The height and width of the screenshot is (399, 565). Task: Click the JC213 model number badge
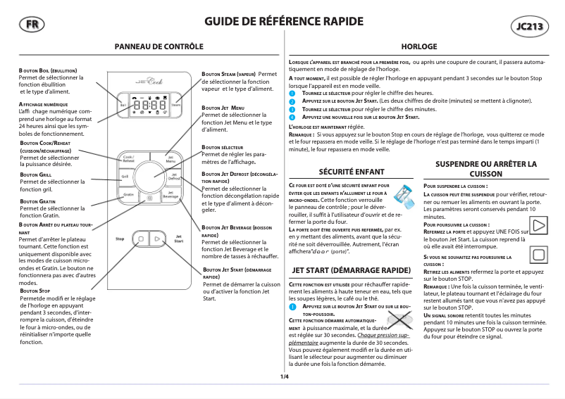[x=528, y=27]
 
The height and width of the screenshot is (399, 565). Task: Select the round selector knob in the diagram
[x=149, y=173]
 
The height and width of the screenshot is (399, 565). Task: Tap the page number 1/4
[x=285, y=376]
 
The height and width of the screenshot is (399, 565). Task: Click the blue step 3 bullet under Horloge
[x=293, y=110]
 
